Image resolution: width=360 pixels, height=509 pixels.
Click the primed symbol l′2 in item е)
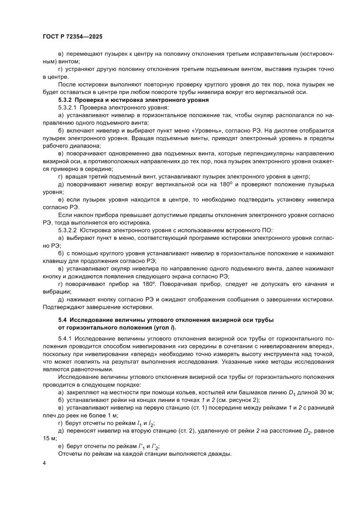[155, 445]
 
